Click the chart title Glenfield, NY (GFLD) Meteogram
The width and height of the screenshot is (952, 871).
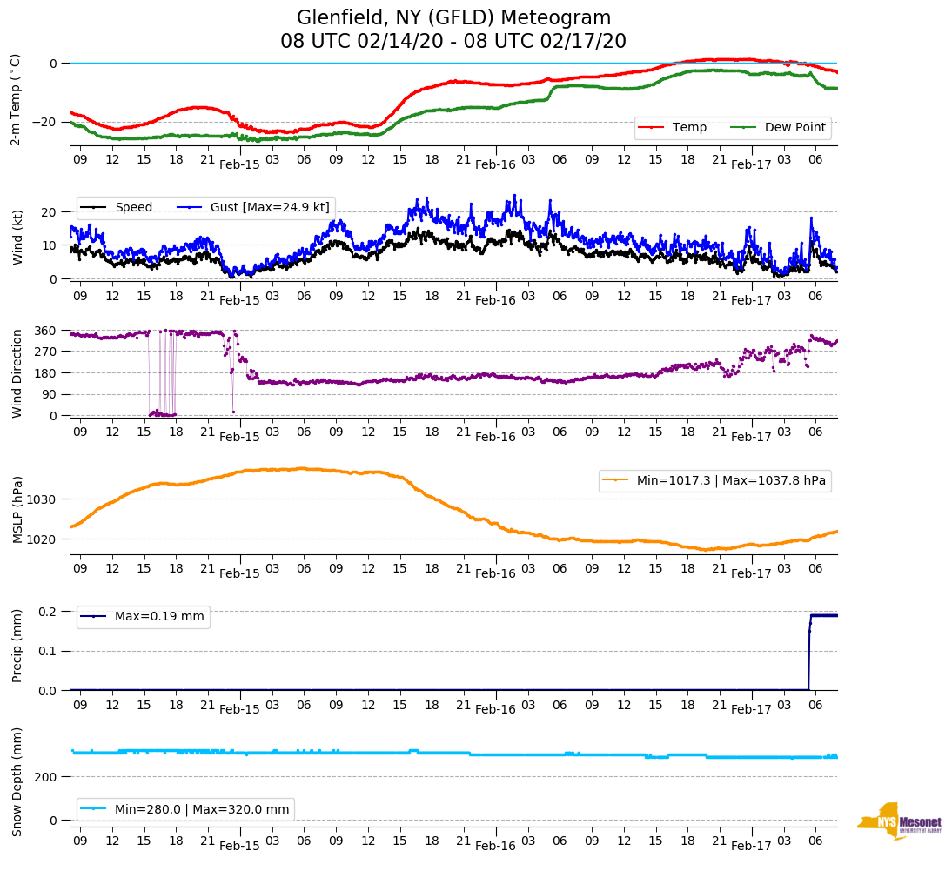point(453,17)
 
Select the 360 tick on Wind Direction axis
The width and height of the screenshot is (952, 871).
point(46,331)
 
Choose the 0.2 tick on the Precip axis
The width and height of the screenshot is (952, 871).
point(48,612)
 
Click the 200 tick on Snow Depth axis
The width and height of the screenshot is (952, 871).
point(46,776)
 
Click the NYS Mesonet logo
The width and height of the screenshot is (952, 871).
point(900,821)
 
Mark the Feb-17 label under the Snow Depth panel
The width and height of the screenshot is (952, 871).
point(751,845)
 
